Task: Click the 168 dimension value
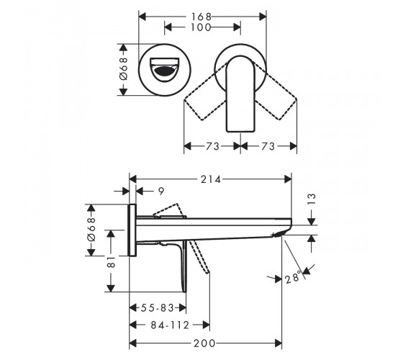pyautogui.click(x=201, y=17)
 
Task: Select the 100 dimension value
pyautogui.click(x=201, y=27)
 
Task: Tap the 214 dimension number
pyautogui.click(x=211, y=179)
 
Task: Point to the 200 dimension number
pyautogui.click(x=204, y=343)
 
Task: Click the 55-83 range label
pyautogui.click(x=158, y=308)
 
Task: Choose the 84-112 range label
pyautogui.click(x=170, y=325)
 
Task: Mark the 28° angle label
pyautogui.click(x=293, y=276)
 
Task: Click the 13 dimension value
pyautogui.click(x=311, y=199)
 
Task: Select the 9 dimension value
pyautogui.click(x=161, y=191)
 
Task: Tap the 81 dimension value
pyautogui.click(x=111, y=262)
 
